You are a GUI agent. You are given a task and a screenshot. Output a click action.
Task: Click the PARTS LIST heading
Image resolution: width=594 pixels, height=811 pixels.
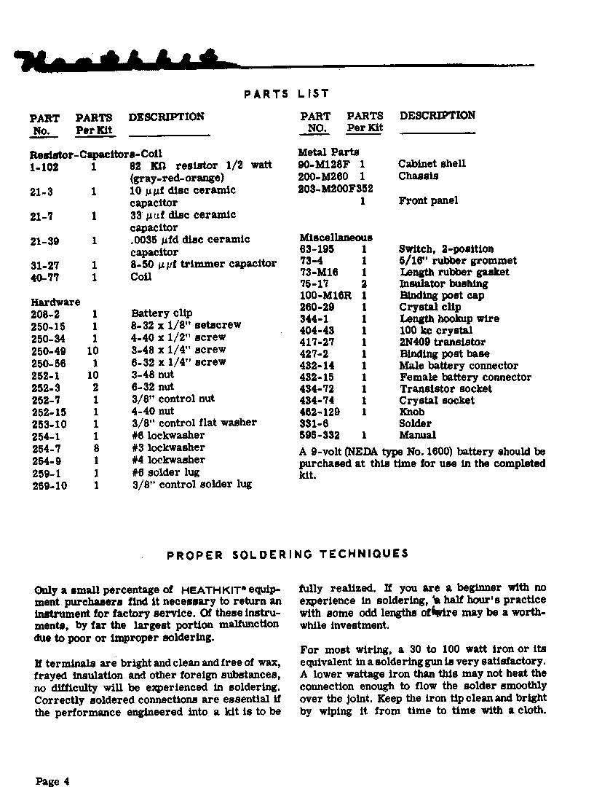[286, 93]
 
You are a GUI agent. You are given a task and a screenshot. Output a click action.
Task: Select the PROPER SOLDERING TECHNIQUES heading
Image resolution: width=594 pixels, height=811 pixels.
[288, 555]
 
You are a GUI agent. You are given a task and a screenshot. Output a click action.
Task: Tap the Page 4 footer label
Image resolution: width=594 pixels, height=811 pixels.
[52, 782]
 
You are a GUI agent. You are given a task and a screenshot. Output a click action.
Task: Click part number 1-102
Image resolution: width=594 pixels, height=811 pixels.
[44, 166]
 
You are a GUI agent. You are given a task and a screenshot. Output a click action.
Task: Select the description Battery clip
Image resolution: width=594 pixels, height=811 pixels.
[162, 313]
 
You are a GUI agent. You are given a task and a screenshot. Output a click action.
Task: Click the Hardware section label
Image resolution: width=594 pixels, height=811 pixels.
[55, 302]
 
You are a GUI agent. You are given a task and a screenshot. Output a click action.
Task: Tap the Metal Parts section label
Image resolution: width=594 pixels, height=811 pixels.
[328, 152]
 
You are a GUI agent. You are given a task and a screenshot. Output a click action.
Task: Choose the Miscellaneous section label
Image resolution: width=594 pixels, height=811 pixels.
[336, 238]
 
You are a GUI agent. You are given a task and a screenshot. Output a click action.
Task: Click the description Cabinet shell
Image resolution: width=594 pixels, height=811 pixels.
[432, 164]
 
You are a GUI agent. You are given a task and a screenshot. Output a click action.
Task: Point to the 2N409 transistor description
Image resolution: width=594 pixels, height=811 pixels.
[442, 342]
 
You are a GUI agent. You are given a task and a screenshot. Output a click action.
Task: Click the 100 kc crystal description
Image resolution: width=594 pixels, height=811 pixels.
[435, 331]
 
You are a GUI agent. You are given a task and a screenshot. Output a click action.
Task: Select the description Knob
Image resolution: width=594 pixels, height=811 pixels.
[411, 412]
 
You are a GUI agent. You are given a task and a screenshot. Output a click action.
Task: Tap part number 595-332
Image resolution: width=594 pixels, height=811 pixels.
[320, 435]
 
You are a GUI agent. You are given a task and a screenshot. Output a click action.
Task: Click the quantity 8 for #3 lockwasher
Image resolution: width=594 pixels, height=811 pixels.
[95, 447]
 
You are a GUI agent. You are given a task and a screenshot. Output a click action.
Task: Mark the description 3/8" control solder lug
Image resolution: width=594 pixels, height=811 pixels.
[191, 485]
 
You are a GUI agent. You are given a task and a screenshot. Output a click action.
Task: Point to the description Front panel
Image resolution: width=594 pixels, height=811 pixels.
[428, 201]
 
